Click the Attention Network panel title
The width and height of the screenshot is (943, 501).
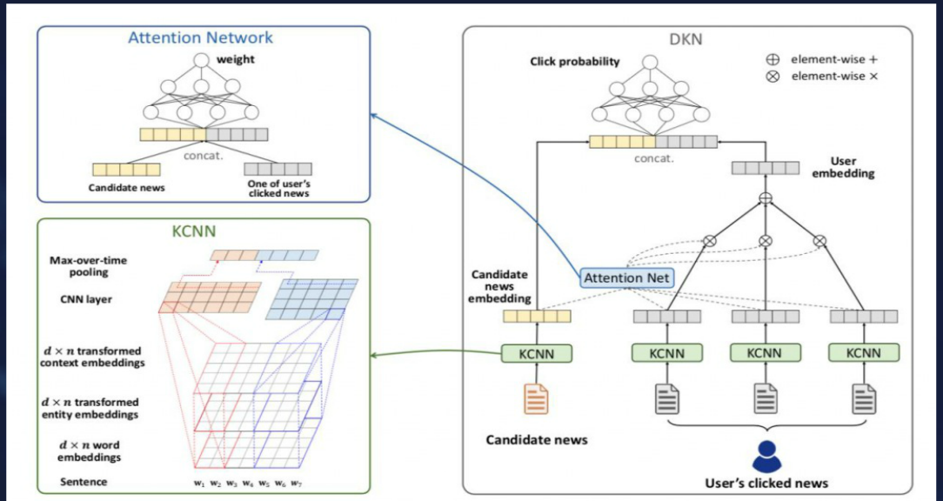[x=200, y=38]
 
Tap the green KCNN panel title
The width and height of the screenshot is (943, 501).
[x=194, y=231]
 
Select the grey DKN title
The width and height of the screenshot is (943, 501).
[x=686, y=40]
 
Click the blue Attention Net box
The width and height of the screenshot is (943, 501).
[x=627, y=277]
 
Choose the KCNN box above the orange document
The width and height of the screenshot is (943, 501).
[x=537, y=353]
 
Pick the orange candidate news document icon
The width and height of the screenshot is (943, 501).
[x=536, y=398]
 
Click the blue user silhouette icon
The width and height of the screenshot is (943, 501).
[x=766, y=457]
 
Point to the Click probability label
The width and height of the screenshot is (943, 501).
[x=574, y=62]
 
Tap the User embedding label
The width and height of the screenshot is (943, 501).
[x=843, y=167]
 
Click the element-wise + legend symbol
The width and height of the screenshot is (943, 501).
[x=772, y=59]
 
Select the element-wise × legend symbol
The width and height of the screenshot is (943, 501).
[x=772, y=77]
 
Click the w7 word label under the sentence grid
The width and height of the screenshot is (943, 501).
[x=296, y=483]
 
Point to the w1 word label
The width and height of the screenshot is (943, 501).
[x=199, y=483]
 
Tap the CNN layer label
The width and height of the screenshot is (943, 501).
[x=86, y=299]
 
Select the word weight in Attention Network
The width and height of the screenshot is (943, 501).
[x=235, y=59]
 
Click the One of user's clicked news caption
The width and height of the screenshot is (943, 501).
[x=278, y=188]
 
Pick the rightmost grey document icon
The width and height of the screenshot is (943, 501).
[x=864, y=398]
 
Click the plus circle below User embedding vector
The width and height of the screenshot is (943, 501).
[x=765, y=197]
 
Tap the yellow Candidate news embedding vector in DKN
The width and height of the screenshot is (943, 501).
[x=537, y=316]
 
